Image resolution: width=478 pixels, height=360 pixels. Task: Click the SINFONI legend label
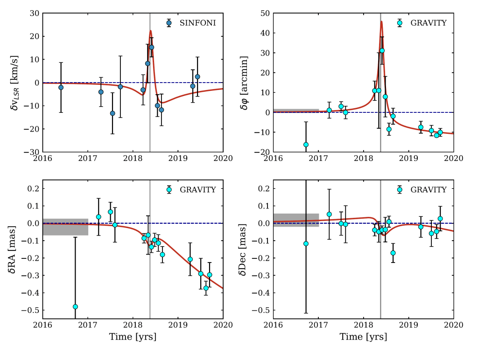197,23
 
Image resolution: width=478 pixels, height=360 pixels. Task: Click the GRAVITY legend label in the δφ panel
429,23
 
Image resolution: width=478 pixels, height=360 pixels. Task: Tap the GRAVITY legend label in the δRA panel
198,190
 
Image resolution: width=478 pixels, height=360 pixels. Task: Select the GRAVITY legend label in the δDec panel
429,190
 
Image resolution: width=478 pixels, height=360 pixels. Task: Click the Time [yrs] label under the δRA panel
133,337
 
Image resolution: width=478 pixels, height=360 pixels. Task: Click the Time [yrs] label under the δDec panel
363,337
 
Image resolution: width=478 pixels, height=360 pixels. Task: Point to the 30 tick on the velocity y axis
33,13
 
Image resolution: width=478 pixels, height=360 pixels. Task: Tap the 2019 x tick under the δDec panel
408,325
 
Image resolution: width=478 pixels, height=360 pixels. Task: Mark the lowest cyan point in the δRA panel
76,307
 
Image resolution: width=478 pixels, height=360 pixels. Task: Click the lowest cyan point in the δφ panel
306,145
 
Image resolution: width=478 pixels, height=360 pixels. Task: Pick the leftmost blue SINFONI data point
61,87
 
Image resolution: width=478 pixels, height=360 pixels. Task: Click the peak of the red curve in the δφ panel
381,21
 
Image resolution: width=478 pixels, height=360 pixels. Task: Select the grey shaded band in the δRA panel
65,227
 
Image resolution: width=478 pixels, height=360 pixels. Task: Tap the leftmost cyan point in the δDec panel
306,243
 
